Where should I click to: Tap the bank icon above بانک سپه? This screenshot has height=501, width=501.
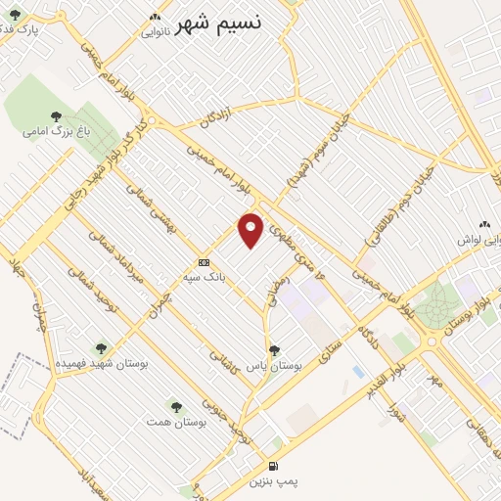204,262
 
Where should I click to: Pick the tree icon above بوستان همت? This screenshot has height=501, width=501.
176,405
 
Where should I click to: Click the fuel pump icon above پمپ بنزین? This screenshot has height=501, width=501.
272,466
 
